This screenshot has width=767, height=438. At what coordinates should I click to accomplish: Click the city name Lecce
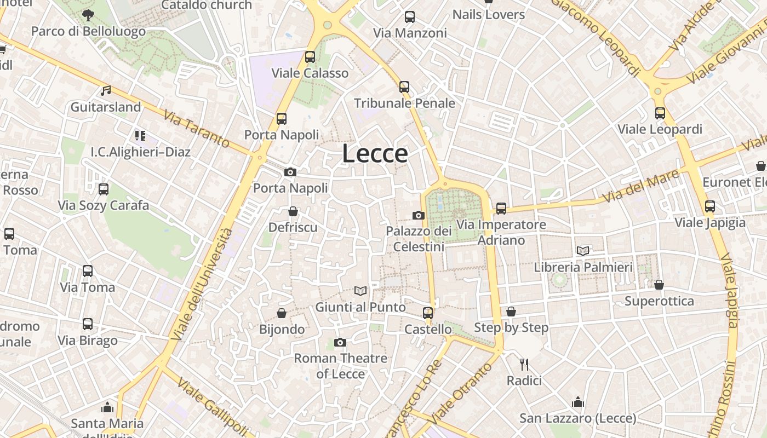click(375, 154)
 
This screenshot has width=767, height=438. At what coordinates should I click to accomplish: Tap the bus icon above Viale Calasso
click(310, 56)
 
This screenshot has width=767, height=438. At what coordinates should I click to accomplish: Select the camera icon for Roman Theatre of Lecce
click(340, 343)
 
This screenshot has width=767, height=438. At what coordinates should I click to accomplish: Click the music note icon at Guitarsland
click(106, 91)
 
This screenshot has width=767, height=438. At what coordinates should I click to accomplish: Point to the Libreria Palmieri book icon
click(583, 251)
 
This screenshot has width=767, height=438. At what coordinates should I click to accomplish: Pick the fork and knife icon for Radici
click(524, 364)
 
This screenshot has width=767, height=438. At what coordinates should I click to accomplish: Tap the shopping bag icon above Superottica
click(659, 285)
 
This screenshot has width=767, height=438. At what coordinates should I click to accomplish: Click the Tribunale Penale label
click(404, 103)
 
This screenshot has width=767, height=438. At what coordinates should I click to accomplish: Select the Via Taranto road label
click(197, 129)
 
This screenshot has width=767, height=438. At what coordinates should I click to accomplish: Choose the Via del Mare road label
click(641, 187)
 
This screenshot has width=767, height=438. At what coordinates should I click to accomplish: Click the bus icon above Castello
click(428, 313)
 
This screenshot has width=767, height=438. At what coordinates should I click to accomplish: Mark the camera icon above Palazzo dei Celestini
click(419, 215)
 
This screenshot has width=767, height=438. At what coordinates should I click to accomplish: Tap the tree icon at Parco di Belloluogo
click(88, 15)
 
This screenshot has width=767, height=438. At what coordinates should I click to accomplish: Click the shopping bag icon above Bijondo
click(282, 313)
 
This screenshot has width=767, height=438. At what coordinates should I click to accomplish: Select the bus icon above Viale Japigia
click(710, 206)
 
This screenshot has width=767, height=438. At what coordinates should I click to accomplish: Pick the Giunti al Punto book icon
click(360, 291)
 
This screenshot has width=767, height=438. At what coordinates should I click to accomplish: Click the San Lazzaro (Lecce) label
click(578, 418)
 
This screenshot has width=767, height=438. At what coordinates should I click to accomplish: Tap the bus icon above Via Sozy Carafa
click(104, 189)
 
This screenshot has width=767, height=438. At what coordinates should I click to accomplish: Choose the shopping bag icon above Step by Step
click(511, 312)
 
